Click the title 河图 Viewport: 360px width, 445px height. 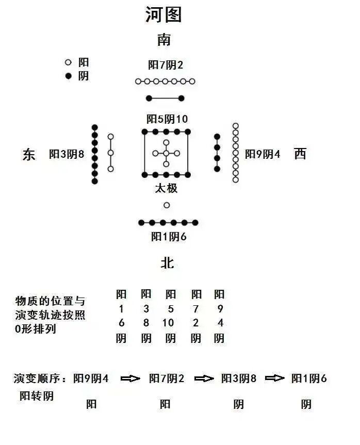[x=164, y=14]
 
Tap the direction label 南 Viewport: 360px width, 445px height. [x=164, y=40]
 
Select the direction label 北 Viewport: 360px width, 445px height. [x=167, y=263]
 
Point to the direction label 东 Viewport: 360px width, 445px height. [x=29, y=154]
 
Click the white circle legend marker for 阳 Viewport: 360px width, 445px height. [x=68, y=62]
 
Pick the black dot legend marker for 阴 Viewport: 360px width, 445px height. [x=68, y=76]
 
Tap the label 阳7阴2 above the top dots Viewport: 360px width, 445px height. [x=166, y=65]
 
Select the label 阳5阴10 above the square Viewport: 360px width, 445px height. [x=167, y=119]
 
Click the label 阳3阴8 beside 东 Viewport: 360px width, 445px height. [x=67, y=154]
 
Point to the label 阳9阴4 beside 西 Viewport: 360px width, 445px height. [x=263, y=154]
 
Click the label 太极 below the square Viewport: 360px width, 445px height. [x=166, y=188]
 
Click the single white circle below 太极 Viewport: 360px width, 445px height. [x=167, y=205]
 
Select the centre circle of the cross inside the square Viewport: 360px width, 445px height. [x=166, y=153]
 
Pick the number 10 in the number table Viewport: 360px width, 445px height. [x=168, y=323]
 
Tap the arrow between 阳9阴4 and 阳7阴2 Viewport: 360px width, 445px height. [x=130, y=378]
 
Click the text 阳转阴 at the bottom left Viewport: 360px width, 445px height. [x=37, y=396]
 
